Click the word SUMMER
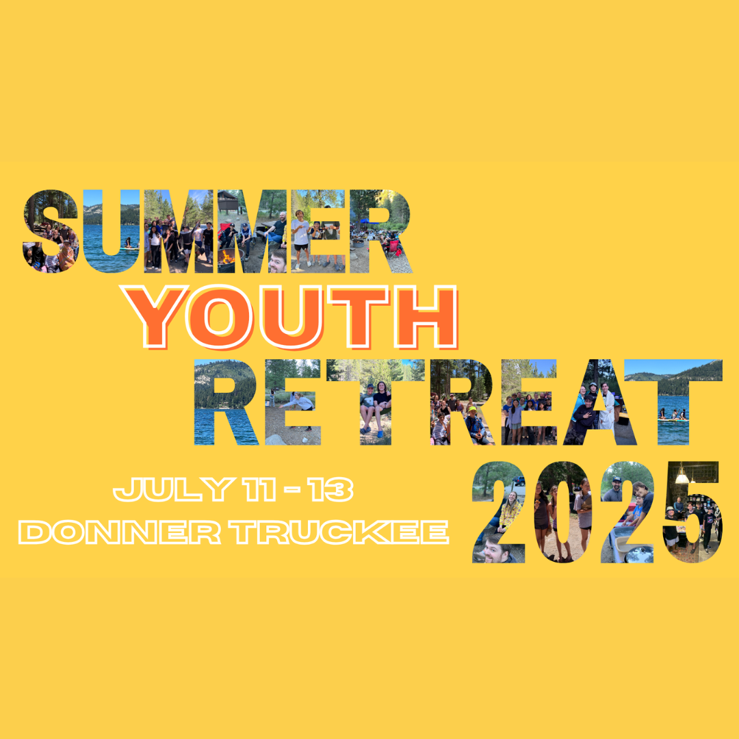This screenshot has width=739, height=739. [218, 231]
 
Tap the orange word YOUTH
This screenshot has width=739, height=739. [289, 317]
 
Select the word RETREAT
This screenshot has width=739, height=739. [458, 402]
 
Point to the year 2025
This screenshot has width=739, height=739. [597, 512]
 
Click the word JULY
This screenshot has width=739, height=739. [173, 489]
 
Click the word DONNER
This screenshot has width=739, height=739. [120, 532]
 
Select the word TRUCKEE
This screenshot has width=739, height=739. [339, 532]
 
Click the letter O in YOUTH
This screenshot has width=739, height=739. [219, 317]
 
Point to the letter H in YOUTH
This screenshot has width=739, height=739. [426, 317]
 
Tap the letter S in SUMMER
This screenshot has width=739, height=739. [51, 231]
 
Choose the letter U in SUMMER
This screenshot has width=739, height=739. [112, 231]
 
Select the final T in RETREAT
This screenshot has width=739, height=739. [673, 402]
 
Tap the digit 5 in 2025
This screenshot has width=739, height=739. [692, 512]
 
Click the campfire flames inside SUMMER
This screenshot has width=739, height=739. [228, 257]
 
